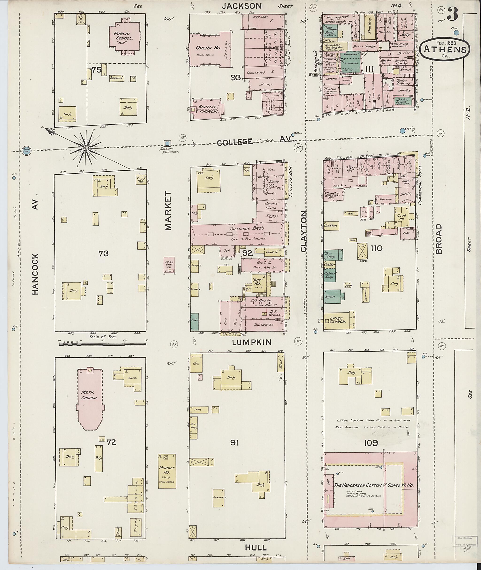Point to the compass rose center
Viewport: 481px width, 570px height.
pyautogui.click(x=85, y=148)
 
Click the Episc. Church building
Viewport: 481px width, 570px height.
pyautogui.click(x=339, y=321)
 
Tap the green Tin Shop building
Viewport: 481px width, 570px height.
pyautogui.click(x=333, y=254)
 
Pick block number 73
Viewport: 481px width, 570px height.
pyautogui.click(x=104, y=254)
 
